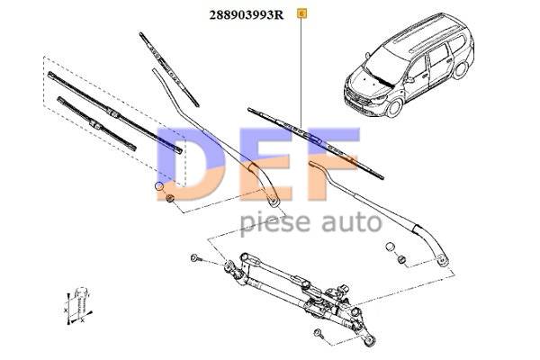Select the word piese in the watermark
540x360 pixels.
[x=272, y=221]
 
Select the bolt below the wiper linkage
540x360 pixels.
[x=319, y=334]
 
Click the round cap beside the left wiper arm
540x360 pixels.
[x=161, y=185]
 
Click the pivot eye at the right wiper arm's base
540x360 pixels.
[x=442, y=260]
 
